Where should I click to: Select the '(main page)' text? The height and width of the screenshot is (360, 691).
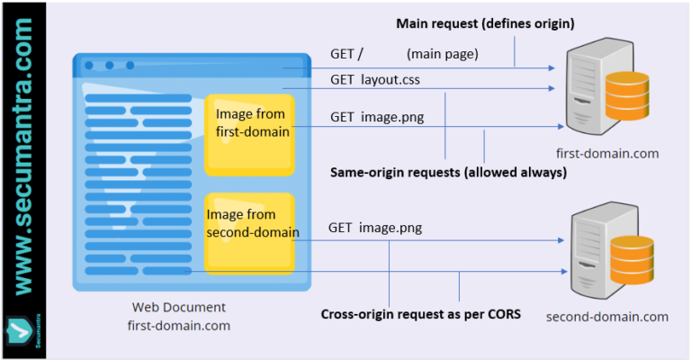pos(442,54)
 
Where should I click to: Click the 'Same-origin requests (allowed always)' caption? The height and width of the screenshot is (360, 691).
pos(448,172)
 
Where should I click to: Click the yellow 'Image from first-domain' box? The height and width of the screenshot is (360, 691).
pos(250,132)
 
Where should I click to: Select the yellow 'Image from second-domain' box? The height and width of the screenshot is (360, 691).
pos(250,231)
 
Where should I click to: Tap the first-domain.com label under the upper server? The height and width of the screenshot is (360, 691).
pos(607,153)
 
